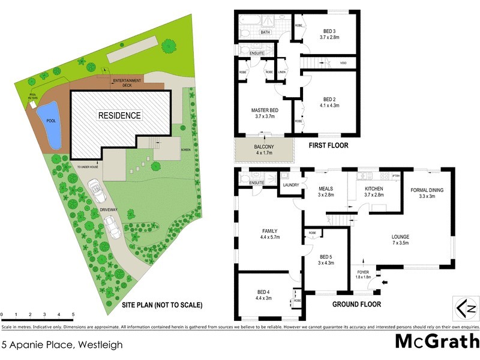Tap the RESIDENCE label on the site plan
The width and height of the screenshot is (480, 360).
click(x=120, y=115)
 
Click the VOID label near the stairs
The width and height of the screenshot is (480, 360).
click(x=343, y=62)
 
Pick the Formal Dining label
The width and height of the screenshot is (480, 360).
click(x=427, y=191)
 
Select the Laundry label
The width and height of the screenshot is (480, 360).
click(x=290, y=186)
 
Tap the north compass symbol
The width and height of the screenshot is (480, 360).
click(x=465, y=309)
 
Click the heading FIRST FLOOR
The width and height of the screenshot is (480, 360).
click(x=328, y=145)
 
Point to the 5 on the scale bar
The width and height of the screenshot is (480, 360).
click(x=73, y=314)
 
